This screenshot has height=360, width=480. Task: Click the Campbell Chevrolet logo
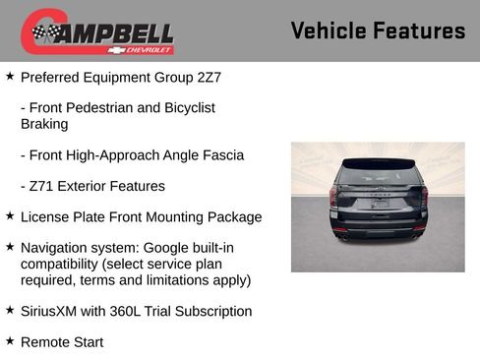click(x=97, y=31)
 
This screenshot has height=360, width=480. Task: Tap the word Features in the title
click(x=420, y=31)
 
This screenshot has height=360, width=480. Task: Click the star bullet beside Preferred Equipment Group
click(x=10, y=75)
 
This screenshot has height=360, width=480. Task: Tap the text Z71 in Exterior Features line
click(x=42, y=186)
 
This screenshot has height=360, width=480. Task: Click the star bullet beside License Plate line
click(x=10, y=216)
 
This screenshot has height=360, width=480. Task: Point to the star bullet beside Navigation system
click(x=10, y=247)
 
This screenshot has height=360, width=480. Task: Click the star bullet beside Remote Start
click(x=10, y=341)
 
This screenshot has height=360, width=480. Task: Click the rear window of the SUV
click(x=378, y=176)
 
